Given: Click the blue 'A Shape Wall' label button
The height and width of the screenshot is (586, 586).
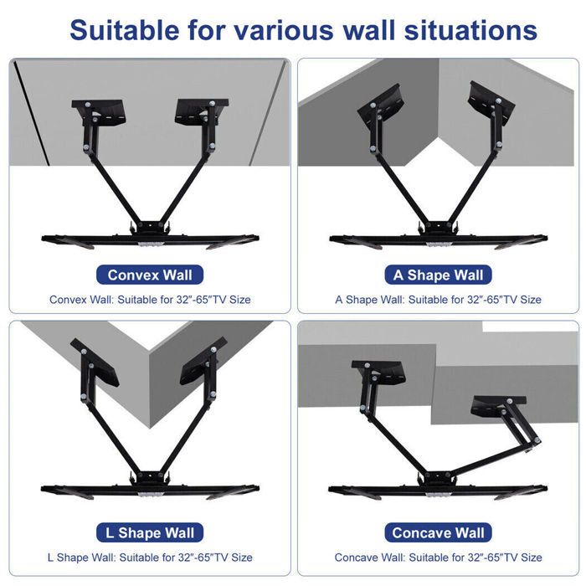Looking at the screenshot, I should pyautogui.click(x=439, y=275).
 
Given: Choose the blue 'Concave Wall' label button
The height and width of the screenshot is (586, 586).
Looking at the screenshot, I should pyautogui.click(x=439, y=532).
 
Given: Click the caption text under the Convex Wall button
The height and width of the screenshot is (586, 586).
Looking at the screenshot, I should pyautogui.click(x=151, y=299).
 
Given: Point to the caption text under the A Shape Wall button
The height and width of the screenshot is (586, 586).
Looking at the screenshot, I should pyautogui.click(x=438, y=299).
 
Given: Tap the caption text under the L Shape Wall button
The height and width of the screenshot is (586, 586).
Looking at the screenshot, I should pyautogui.click(x=151, y=557).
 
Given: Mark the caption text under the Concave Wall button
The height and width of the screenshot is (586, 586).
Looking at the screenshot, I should pyautogui.click(x=438, y=557).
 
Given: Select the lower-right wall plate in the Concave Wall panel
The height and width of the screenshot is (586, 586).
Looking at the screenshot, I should pyautogui.click(x=490, y=408).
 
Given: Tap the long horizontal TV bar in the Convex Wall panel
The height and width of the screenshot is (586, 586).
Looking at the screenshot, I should pyautogui.click(x=151, y=239).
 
